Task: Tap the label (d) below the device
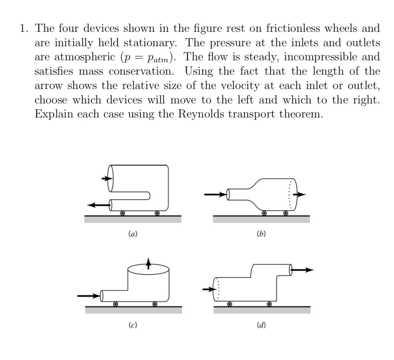tap(261, 325)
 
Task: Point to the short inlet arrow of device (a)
tap(107, 179)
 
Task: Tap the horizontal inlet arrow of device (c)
tap(89, 296)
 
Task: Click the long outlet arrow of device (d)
tap(302, 269)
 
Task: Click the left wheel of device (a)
tap(122, 213)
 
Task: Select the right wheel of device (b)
tap(285, 213)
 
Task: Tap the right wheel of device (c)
tap(155, 304)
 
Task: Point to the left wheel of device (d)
tap(230, 304)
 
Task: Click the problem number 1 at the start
tap(23, 28)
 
